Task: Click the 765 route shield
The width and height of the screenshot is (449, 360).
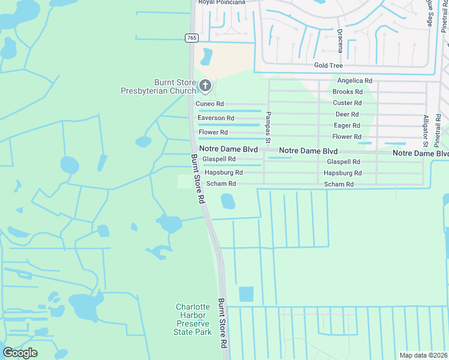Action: pyautogui.click(x=191, y=38)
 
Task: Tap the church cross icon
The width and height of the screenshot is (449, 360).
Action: pyautogui.click(x=205, y=86)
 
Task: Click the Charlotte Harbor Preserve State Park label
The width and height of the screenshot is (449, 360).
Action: pyautogui.click(x=193, y=319)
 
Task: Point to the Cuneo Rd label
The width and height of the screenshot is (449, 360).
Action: pyautogui.click(x=210, y=104)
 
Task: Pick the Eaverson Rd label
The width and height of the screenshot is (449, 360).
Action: pyautogui.click(x=215, y=118)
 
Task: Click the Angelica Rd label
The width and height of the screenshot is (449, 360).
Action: pyautogui.click(x=355, y=80)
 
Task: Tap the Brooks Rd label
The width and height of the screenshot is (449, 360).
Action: pyautogui.click(x=348, y=92)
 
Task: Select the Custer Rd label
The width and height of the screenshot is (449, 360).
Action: pyautogui.click(x=348, y=103)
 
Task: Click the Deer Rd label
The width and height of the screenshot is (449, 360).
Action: pyautogui.click(x=347, y=114)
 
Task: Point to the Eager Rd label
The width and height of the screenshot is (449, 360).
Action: pyautogui.click(x=347, y=125)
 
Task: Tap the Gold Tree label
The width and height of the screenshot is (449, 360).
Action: pyautogui.click(x=328, y=65)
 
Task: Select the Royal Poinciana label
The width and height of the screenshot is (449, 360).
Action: pyautogui.click(x=222, y=2)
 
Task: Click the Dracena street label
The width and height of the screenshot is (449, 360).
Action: pyautogui.click(x=340, y=40)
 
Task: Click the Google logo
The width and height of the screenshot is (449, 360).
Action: pyautogui.click(x=20, y=353)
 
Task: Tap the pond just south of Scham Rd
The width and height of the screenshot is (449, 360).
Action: pyautogui.click(x=228, y=201)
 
